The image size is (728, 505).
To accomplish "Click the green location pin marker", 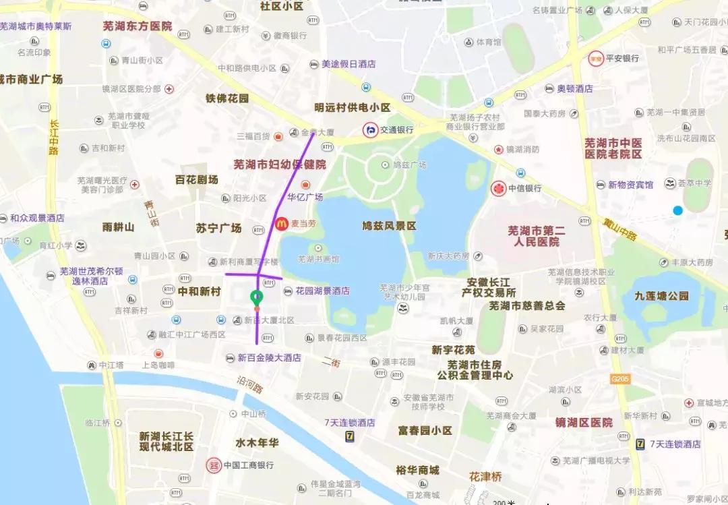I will click(x=256, y=297).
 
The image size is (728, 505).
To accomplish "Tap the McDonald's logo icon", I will click(x=281, y=224).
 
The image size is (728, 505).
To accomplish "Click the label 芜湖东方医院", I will click(x=138, y=26).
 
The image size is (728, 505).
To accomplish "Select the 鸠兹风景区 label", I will click(x=389, y=225).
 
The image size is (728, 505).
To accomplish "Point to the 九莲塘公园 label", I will click(x=661, y=295).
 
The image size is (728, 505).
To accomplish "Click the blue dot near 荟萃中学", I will click(x=677, y=211).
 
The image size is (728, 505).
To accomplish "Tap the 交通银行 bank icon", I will click(x=370, y=129).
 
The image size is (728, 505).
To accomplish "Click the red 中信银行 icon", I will click(x=499, y=188).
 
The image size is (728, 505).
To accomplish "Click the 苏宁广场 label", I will click(x=218, y=228).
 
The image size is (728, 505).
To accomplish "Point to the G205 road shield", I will click(x=619, y=380).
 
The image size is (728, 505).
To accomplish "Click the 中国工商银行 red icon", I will click(x=214, y=465).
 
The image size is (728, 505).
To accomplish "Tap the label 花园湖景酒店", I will click(x=322, y=291).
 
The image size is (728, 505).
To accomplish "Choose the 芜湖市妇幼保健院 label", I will click(x=280, y=164).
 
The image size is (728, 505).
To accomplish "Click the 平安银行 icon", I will click(x=595, y=58).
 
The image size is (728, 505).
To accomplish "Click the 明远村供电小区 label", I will click(x=353, y=107).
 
